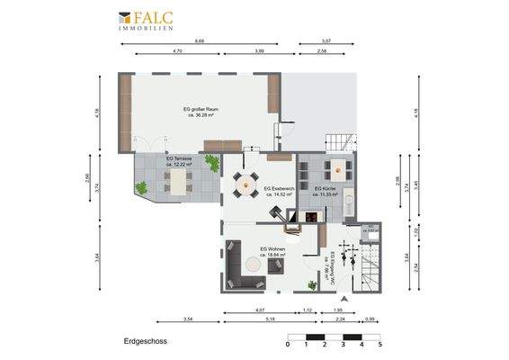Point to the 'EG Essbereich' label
[277, 192]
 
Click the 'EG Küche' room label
[325, 191]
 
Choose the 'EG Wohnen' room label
[272, 252]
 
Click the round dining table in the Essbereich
[244, 184]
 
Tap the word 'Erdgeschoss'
[145, 342]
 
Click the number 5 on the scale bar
[380, 345]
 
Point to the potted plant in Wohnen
[311, 284]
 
